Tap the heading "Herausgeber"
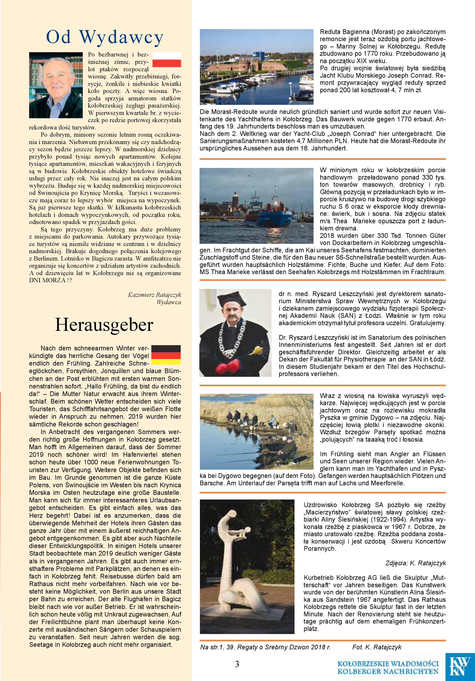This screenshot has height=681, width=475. coord(104,325)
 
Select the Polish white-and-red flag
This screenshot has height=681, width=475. coord(166,60)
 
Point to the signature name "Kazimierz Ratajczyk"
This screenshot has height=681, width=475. coord(154,295)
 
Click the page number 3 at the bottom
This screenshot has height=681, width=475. coord(237,664)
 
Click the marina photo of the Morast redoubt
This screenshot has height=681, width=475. coord(256,67)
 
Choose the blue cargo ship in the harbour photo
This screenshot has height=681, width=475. coord(267,214)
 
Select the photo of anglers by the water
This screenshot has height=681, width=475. coord(256,432)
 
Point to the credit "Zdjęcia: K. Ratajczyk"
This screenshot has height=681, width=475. coord(416,563)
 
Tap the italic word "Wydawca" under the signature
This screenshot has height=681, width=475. coord(169,302)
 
